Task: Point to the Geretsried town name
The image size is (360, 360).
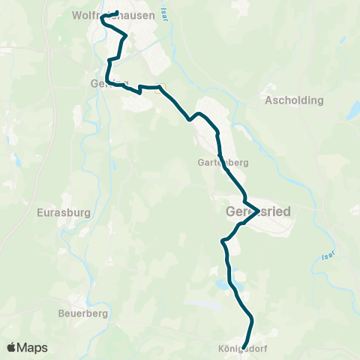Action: coord(258,212)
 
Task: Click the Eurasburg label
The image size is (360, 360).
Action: coord(63,212)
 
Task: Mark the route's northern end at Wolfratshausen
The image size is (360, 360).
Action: coord(118,12)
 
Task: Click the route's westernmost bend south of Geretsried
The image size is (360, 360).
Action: coord(222,241)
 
